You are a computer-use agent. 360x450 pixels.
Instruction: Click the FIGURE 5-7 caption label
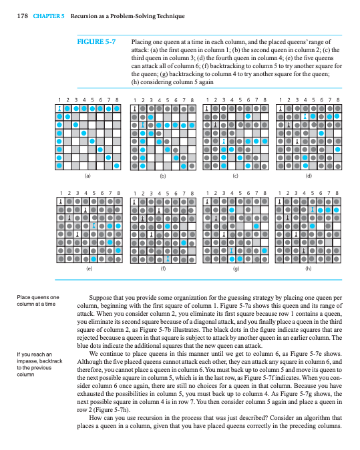pos(97,41)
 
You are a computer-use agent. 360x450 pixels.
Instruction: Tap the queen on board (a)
pos(59,107)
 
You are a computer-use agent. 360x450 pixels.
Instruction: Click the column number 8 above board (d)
pos(338,99)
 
